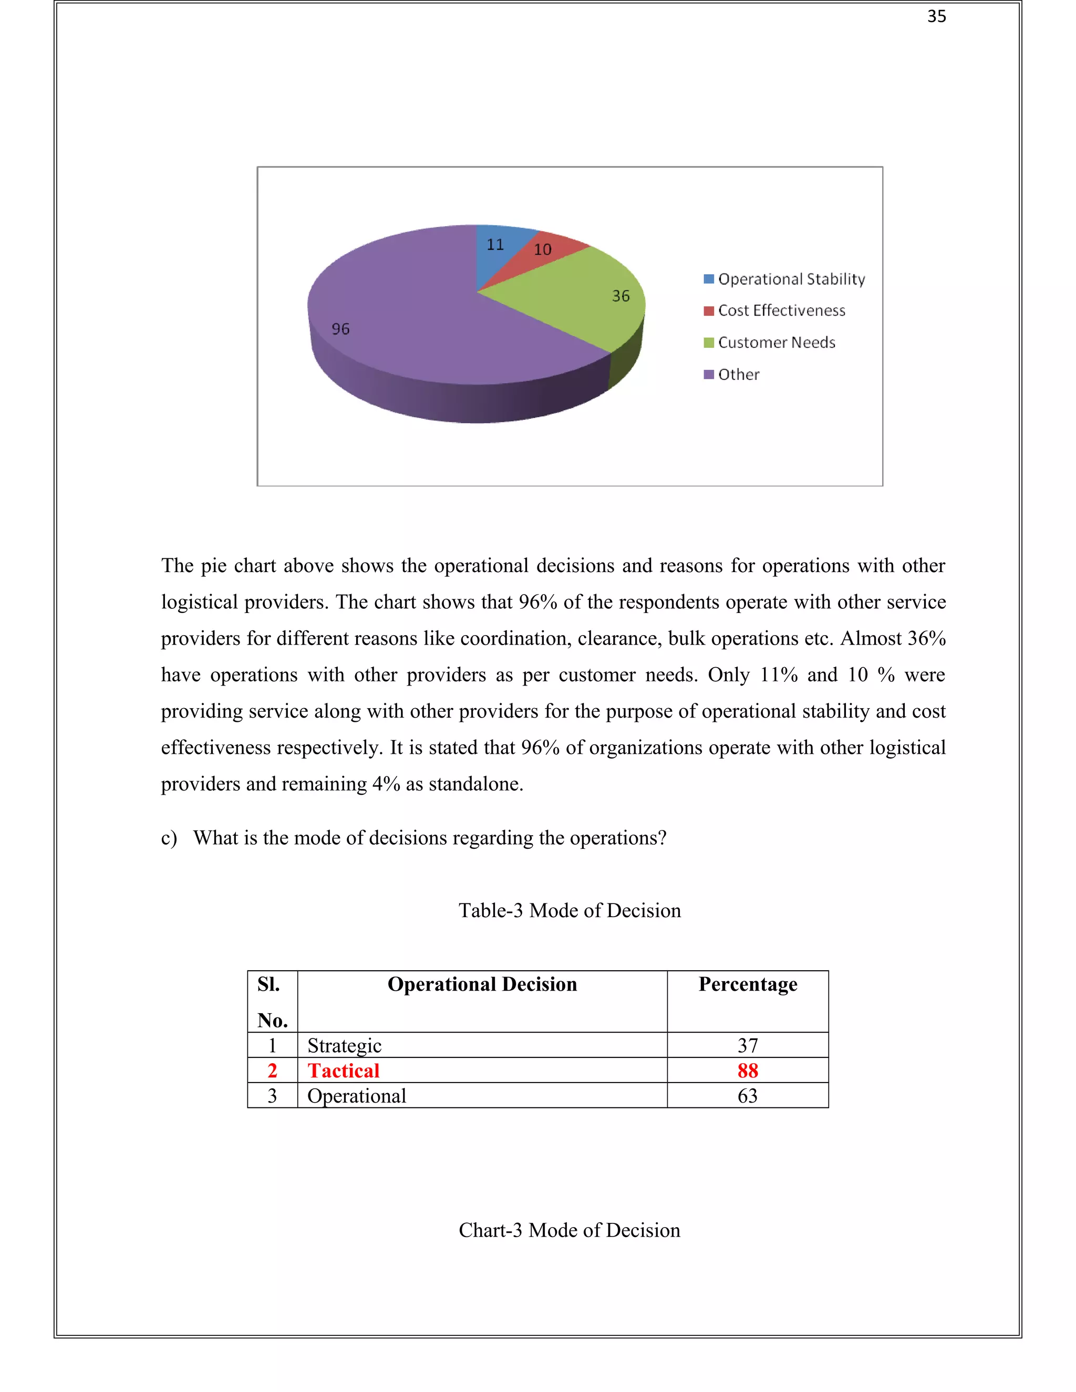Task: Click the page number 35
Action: coord(936,17)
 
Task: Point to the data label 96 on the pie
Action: coord(340,329)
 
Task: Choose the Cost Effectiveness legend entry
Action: coord(781,310)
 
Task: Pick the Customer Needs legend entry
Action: coord(776,342)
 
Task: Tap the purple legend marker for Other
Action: coord(708,374)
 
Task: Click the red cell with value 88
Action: coord(747,1071)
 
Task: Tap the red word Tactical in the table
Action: coord(344,1071)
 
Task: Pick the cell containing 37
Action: coord(747,1045)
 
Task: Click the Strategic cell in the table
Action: coord(344,1045)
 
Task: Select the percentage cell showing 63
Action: coord(747,1096)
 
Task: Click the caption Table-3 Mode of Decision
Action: coord(569,910)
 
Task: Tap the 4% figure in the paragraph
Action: coord(386,784)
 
